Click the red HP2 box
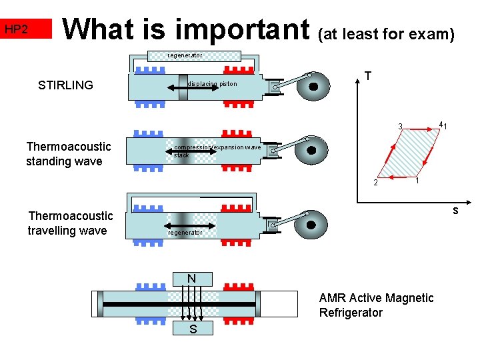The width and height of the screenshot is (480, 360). click(25, 29)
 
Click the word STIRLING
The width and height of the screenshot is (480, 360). click(65, 85)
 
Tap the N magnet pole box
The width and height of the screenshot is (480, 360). click(191, 278)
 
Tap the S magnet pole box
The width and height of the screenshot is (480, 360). click(191, 329)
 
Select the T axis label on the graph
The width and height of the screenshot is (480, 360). click(367, 77)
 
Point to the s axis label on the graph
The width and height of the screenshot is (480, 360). click(455, 211)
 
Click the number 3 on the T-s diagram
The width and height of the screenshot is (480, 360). click(400, 127)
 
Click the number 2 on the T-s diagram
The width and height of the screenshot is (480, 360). click(375, 183)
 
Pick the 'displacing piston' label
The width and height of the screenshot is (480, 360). click(212, 84)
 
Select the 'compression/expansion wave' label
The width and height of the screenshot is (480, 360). click(217, 147)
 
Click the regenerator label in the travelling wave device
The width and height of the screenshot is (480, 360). click(185, 233)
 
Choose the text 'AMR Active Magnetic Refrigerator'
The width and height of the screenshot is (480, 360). click(376, 305)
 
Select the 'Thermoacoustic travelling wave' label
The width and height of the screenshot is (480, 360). click(70, 223)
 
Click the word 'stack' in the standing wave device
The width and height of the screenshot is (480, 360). click(181, 155)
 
